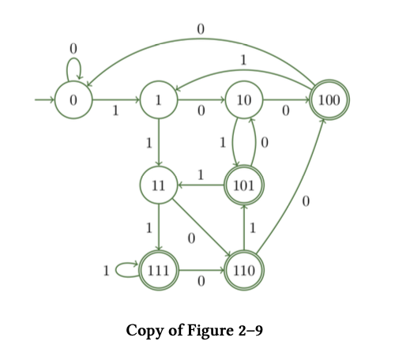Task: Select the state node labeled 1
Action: click(x=159, y=101)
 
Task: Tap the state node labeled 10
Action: click(x=244, y=101)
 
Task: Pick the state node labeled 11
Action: click(x=159, y=186)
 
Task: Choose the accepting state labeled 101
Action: click(x=244, y=186)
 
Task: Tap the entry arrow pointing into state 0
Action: click(x=43, y=101)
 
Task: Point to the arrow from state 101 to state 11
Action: click(x=201, y=186)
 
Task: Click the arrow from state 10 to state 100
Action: click(x=286, y=101)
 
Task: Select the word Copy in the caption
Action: click(x=144, y=328)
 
